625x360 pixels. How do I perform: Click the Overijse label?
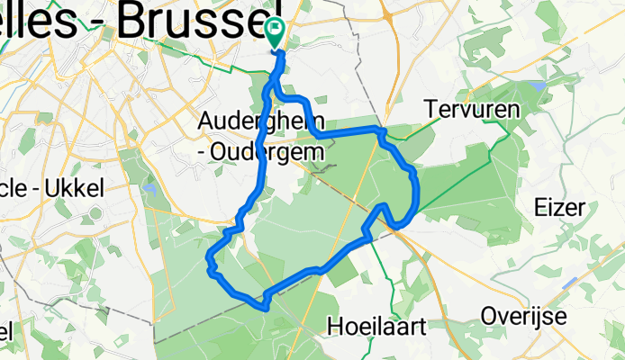coord(522,316)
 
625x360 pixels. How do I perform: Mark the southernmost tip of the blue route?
coord(265,308)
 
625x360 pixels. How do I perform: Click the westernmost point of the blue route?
coord(208,267)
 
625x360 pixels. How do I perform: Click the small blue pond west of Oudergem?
coord(149,191)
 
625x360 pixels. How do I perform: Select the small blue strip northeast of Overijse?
coord(569,282)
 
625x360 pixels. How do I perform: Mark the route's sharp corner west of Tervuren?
coord(381,132)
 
